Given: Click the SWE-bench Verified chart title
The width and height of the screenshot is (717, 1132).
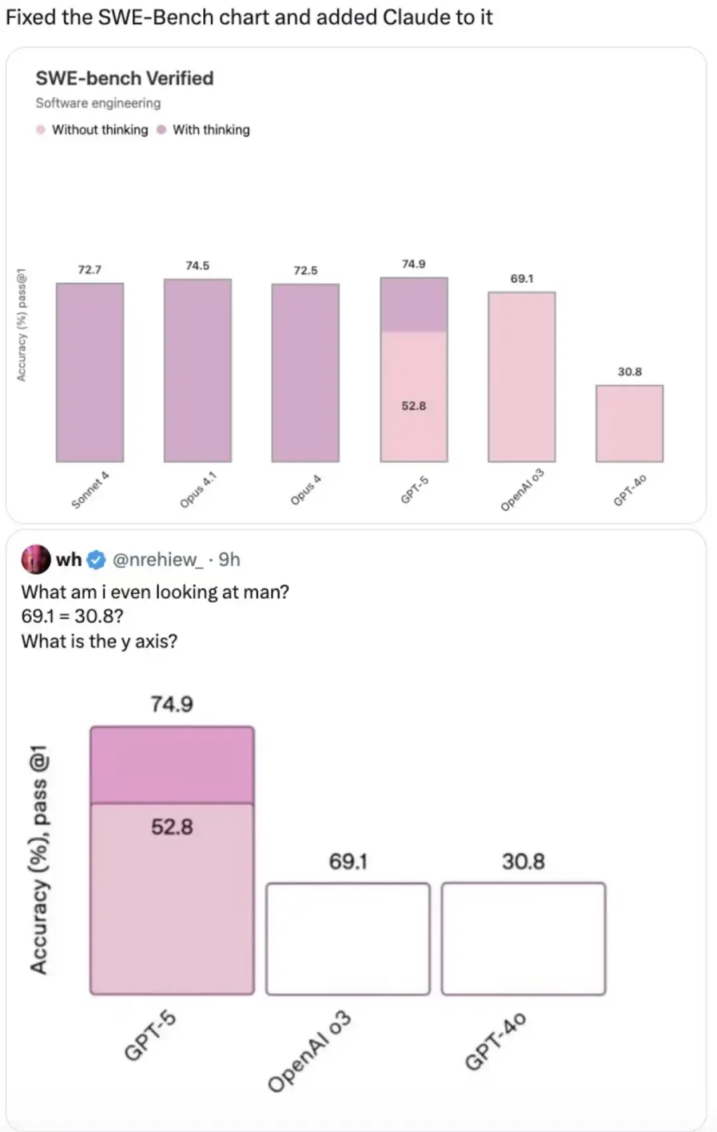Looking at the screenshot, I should [124, 78].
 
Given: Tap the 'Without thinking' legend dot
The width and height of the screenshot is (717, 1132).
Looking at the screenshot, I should [40, 129].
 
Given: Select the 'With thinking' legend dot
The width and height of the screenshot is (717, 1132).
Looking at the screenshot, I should [161, 129].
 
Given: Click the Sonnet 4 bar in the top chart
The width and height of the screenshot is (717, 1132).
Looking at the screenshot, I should [90, 372].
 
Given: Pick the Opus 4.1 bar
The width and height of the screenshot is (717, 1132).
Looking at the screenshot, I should [198, 370].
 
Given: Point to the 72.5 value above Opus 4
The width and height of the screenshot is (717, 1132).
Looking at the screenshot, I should [305, 270].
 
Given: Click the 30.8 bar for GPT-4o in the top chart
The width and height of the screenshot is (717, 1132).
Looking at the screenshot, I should [629, 423].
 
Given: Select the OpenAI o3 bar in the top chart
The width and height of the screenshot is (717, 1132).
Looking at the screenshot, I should [522, 376].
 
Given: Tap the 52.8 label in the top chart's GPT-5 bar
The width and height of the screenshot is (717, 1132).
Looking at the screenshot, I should [414, 406].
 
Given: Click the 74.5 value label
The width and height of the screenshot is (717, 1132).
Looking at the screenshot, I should [197, 266].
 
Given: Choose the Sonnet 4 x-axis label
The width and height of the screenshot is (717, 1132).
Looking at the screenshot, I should [90, 490].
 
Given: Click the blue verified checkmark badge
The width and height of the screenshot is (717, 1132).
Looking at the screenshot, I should [97, 560].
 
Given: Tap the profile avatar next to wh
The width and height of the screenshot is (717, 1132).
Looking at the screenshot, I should [36, 559].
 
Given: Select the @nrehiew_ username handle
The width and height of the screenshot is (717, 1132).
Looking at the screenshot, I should [158, 560].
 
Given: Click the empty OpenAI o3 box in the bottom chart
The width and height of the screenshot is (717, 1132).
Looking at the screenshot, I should [348, 938].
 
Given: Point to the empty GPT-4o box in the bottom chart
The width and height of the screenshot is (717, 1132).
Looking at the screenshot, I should [523, 938].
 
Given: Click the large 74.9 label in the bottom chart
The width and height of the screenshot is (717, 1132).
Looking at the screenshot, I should [172, 704].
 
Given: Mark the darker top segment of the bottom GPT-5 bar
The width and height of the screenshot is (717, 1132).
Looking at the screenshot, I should [172, 765].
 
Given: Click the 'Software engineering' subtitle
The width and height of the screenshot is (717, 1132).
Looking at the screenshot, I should [98, 103].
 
